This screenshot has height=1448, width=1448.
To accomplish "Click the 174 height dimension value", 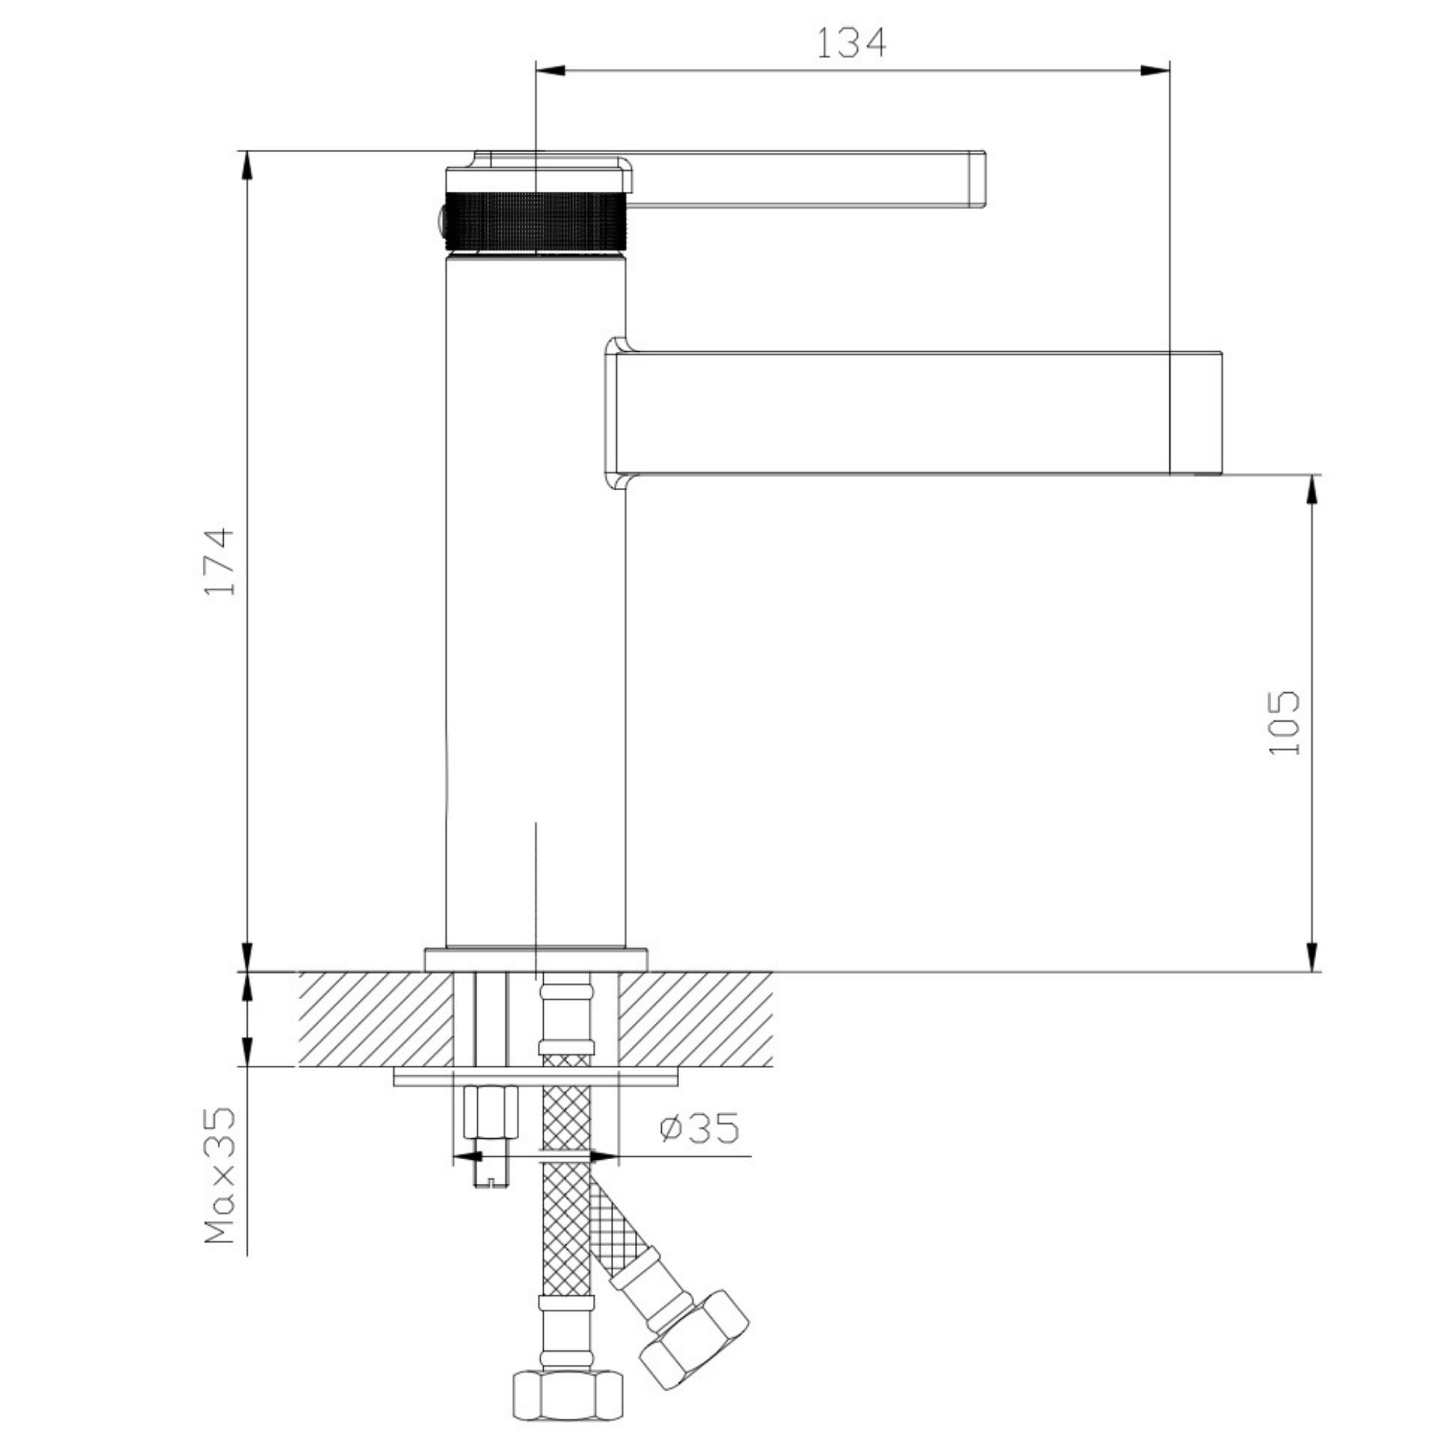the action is [x=220, y=561].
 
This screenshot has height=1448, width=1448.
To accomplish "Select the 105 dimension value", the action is [x=1284, y=723].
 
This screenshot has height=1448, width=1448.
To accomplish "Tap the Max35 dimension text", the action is [x=220, y=1175].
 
